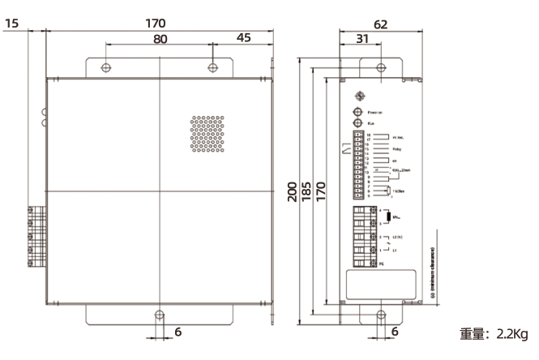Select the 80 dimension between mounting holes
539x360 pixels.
pos(160,39)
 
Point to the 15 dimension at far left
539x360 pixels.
pos(12,24)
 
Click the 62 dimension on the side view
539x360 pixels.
pos(380,24)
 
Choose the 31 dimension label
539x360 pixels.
pos(362,39)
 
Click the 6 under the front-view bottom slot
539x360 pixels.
pos(178,332)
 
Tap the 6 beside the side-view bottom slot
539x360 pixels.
pos(395,332)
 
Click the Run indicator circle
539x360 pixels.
pos(356,123)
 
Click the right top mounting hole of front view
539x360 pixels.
pos(212,66)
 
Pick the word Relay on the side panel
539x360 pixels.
pos(396,150)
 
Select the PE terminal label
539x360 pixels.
pos(381,263)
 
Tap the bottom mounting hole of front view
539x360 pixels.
pos(159,315)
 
